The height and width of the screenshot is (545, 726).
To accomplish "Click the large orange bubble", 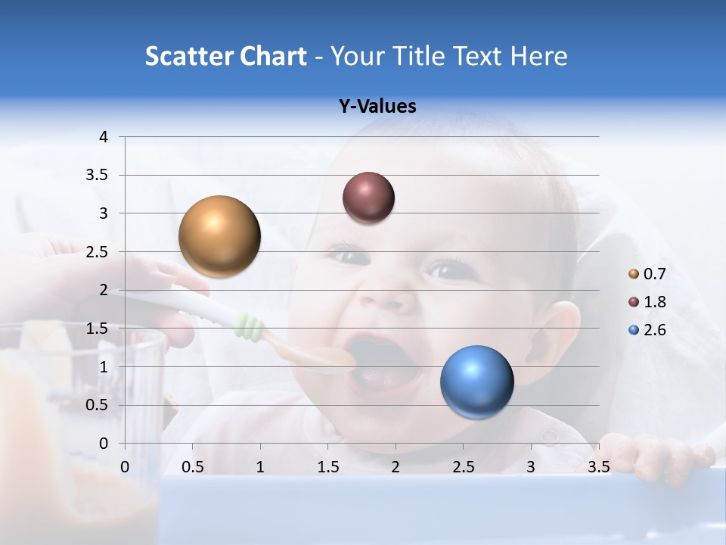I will [x=219, y=236].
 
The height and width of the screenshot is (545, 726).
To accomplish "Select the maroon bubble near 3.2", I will [x=368, y=198].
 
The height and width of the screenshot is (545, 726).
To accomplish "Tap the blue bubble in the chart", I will [x=476, y=381].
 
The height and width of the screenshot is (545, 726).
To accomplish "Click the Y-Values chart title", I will [x=377, y=107].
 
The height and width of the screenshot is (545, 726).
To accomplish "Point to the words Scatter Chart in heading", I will [x=225, y=56].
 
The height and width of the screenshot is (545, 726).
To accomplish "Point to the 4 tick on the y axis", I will [x=104, y=137].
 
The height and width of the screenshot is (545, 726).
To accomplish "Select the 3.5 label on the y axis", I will [x=98, y=175].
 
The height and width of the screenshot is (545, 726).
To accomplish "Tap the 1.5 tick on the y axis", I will [x=98, y=329].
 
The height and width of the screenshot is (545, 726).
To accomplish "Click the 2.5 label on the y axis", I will [x=98, y=252].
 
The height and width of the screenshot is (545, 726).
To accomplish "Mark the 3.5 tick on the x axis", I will [x=598, y=467].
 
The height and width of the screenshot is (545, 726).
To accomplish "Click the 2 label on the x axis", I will [x=395, y=467].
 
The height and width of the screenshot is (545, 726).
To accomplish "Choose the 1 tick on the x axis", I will [x=260, y=467].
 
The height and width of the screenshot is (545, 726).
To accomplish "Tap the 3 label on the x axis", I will [x=530, y=467].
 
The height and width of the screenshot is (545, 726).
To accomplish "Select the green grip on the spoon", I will [x=250, y=326].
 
